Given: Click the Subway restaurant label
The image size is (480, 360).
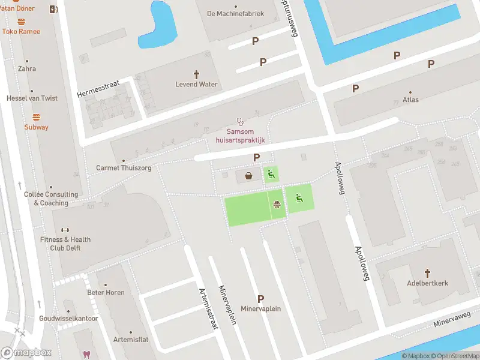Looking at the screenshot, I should pyautogui.click(x=36, y=127).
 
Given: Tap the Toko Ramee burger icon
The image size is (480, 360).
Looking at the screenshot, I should pyautogui.click(x=21, y=22).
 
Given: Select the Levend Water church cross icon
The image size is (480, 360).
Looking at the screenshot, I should pyautogui.click(x=196, y=73).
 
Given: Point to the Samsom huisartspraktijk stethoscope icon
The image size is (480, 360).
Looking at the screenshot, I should pyautogui.click(x=240, y=121).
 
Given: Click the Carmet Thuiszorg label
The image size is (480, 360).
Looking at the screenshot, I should pyautogui.click(x=124, y=168).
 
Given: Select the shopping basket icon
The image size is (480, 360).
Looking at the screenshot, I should pyautogui.click(x=248, y=176).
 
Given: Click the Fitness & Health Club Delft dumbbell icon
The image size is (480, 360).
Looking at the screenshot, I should pyautogui.click(x=65, y=229).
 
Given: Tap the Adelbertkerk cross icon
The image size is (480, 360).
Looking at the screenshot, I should pyautogui.click(x=427, y=272).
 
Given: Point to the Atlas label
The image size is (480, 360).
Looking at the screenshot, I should pyautogui.click(x=410, y=100).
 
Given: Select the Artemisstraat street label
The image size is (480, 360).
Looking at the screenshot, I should pyautogui.click(x=208, y=308).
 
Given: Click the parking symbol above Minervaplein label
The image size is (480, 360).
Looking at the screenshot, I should pyautogui.click(x=260, y=298).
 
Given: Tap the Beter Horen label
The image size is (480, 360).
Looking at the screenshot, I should pyautogui.click(x=106, y=292).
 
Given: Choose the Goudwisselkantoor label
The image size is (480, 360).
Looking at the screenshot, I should pyautogui.click(x=68, y=318).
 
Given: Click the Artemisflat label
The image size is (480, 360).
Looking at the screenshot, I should pyautogui.click(x=131, y=339).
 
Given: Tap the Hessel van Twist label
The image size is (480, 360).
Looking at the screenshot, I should pyautogui.click(x=32, y=98).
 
